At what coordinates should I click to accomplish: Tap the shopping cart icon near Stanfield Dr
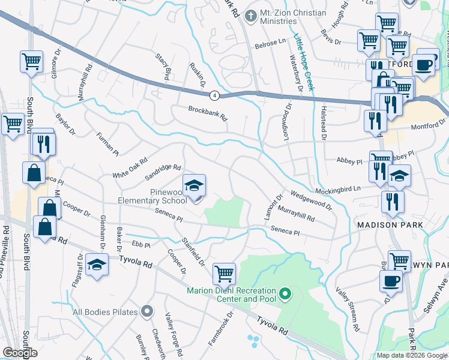tap(224, 273)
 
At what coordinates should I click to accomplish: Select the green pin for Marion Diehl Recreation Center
tap(286, 294)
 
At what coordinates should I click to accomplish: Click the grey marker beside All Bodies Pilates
tap(148, 311)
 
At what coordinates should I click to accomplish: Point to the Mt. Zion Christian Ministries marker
tap(250, 13)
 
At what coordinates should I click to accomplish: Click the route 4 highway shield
tap(214, 95)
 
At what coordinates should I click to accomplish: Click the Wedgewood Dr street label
tap(311, 200)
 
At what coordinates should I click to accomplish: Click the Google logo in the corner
tap(19, 353)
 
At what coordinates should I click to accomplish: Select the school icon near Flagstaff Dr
tap(96, 266)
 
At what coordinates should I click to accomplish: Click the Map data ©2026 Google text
tap(411, 355)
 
